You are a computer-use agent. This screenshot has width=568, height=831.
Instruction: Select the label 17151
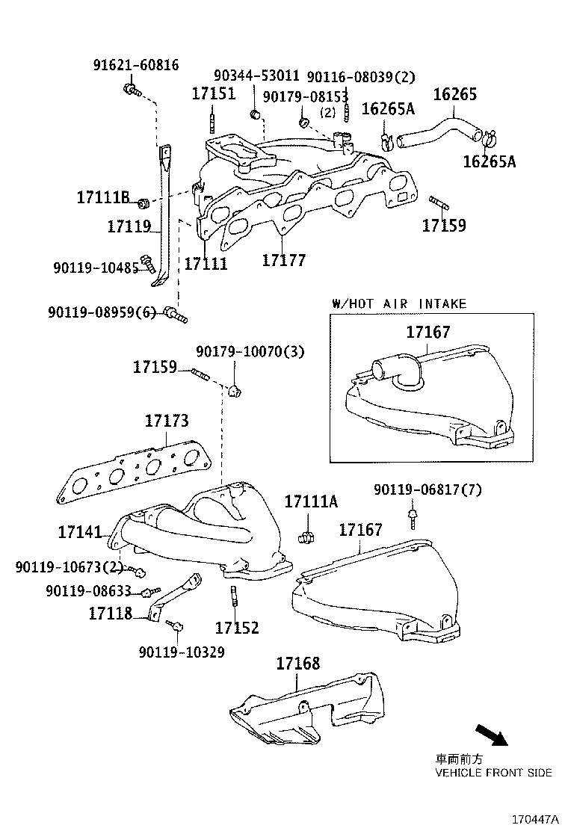tap(213, 94)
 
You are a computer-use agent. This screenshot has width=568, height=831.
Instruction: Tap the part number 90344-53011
tap(256, 76)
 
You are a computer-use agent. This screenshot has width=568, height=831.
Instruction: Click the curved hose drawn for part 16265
tap(441, 127)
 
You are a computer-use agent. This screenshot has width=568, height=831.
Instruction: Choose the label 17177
tap(284, 260)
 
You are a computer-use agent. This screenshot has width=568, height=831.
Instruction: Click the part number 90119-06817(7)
tap(427, 489)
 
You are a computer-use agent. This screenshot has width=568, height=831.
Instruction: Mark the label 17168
tap(297, 663)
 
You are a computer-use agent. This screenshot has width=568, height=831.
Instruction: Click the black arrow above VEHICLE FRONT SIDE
tap(490, 735)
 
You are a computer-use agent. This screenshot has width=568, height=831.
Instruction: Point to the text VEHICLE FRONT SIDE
tap(494, 772)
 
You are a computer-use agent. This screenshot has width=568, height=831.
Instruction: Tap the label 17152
tap(237, 628)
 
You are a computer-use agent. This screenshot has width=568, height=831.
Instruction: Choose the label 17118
tap(110, 614)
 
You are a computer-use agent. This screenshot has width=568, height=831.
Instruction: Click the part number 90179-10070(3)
tap(250, 351)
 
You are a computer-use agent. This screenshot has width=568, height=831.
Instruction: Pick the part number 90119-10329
tap(181, 652)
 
